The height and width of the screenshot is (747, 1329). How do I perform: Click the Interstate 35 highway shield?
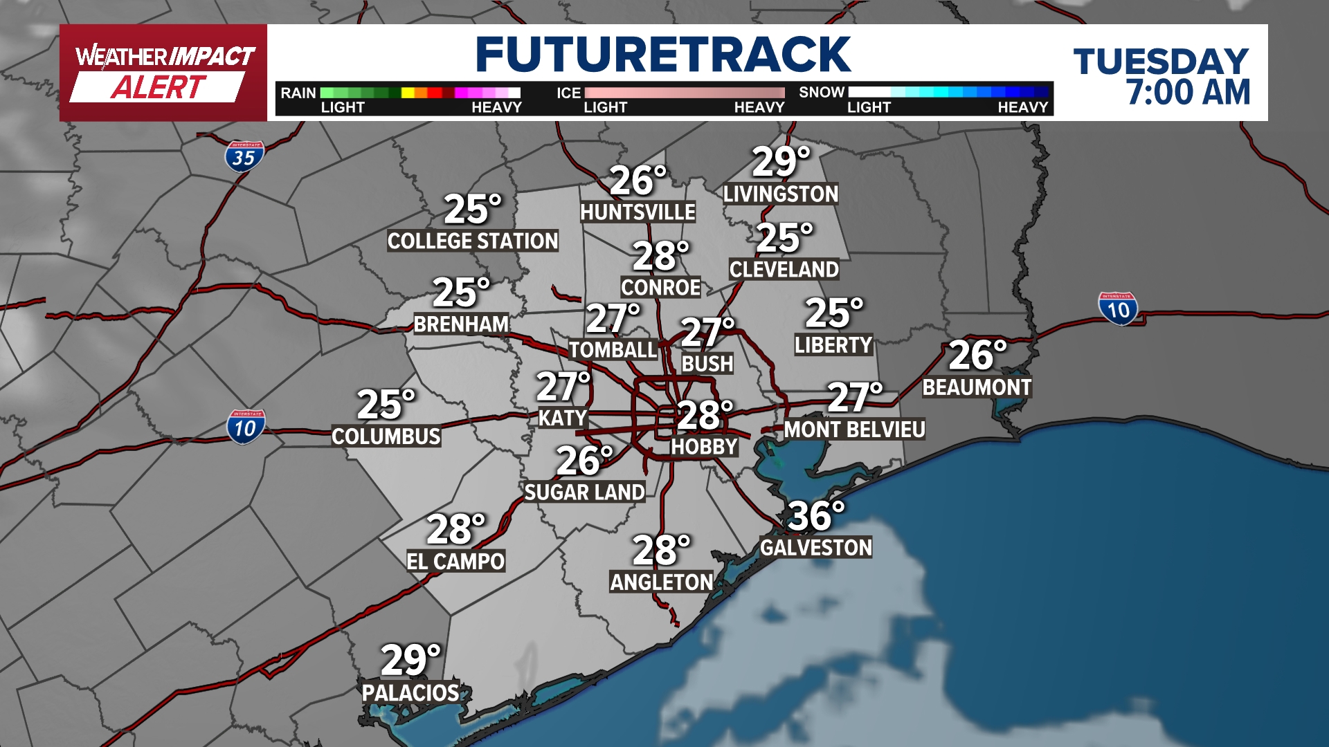pos(244,157)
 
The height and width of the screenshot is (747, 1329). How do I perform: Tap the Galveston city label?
pos(815,548)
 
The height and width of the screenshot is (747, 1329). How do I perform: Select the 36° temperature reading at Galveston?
pos(815,516)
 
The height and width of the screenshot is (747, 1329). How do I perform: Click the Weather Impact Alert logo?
pos(163,73)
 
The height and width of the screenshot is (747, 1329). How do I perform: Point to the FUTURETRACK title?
pos(662,55)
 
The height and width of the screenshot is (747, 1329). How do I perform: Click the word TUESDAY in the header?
pos(1161,62)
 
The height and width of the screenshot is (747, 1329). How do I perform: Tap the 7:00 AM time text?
pos(1188,93)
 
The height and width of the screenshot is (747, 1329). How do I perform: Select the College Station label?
pos(472,241)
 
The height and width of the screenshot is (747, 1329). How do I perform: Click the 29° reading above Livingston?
pos(780,163)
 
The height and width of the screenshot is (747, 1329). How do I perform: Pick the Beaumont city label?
pos(977,387)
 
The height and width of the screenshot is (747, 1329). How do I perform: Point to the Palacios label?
pos(410,692)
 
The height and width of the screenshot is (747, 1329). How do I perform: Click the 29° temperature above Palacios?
pos(410,661)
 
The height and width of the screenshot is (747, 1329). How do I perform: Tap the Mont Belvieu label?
pos(854,430)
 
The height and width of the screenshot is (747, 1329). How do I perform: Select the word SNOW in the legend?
pos(822,93)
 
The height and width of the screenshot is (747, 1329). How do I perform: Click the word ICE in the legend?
pos(568,93)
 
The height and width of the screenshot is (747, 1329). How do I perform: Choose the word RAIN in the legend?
pos(298,93)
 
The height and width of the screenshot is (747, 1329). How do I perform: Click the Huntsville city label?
pos(638,212)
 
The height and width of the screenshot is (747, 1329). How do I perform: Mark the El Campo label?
pos(455,561)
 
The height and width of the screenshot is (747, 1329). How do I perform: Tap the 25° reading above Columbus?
pos(386,405)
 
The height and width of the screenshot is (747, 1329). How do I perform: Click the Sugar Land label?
pos(584,492)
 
